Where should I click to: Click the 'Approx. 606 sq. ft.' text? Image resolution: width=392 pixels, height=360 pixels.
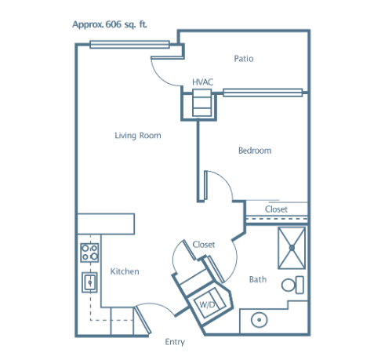[x=110, y=24]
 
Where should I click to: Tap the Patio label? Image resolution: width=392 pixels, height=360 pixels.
[x=244, y=58]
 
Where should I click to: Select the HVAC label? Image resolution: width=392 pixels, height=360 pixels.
[x=203, y=82]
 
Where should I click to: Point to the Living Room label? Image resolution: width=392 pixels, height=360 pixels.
[x=138, y=136]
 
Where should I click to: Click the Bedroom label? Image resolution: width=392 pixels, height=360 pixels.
[x=255, y=151]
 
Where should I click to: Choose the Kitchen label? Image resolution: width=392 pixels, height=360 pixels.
[x=125, y=271]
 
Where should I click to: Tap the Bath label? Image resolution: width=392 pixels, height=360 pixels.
[x=258, y=279]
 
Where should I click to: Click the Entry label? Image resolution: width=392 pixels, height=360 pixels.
[x=175, y=342]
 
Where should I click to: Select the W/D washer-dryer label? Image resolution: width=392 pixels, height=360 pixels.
[x=207, y=304]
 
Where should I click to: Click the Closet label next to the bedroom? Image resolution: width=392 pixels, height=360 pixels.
[x=276, y=209]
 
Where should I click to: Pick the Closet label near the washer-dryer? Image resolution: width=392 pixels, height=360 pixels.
[x=204, y=245]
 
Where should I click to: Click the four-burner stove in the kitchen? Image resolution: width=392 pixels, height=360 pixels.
[x=89, y=253]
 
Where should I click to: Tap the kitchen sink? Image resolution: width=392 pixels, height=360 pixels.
[x=89, y=282]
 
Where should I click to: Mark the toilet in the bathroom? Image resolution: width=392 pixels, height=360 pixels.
[x=292, y=285]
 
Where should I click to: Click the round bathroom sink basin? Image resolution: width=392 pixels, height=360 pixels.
[x=260, y=320]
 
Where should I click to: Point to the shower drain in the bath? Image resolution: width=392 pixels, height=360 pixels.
[x=292, y=248]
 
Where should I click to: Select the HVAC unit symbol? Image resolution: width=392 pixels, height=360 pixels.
[x=201, y=103]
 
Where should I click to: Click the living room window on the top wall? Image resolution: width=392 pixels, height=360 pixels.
[x=129, y=44]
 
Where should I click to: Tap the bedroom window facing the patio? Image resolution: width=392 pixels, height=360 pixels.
[x=263, y=93]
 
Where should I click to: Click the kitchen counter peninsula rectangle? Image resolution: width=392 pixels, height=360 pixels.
[x=106, y=224]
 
